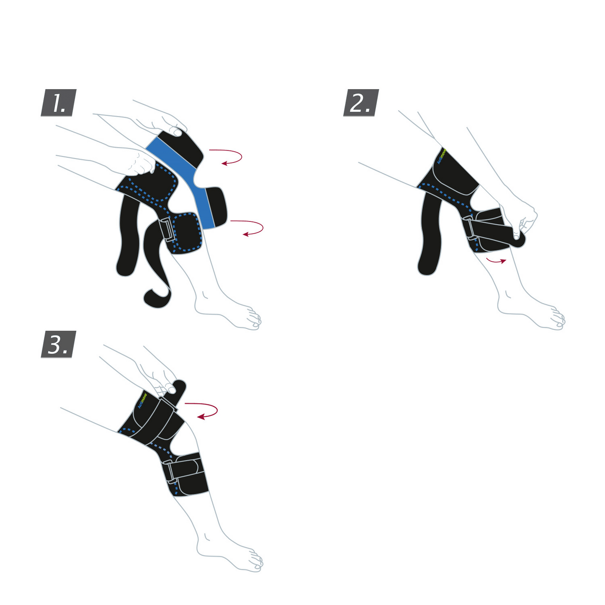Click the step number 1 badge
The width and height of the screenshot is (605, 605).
(x=59, y=103)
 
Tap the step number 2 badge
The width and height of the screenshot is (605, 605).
(x=360, y=103)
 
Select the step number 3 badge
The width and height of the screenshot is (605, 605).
(x=59, y=344)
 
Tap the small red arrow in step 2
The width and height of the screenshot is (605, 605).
(x=496, y=260)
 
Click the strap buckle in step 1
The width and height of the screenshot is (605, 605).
(x=166, y=230)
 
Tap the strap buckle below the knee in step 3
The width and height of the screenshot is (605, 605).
(x=170, y=471)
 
